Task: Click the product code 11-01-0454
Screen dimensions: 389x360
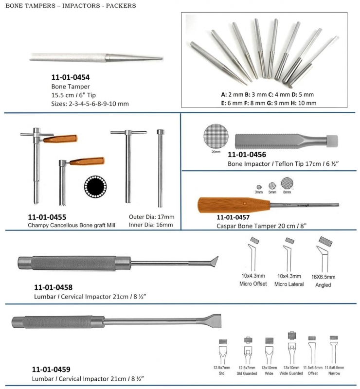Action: (71, 77)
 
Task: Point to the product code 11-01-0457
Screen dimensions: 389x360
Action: (236, 217)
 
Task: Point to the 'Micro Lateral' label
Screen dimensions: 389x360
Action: (289, 284)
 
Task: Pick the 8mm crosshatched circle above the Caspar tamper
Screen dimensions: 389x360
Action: (288, 183)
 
